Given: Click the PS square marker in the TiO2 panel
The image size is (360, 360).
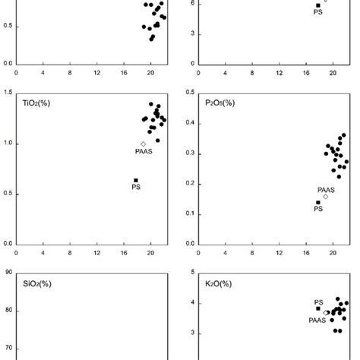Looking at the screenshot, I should click(x=136, y=180).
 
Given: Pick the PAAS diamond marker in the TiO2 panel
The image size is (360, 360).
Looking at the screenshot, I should click(x=143, y=144).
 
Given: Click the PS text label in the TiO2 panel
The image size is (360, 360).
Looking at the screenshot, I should click(x=136, y=188).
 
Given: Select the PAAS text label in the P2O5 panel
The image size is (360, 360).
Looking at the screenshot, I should click(x=326, y=189).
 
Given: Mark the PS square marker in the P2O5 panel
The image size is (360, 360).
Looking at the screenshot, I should click(x=318, y=203).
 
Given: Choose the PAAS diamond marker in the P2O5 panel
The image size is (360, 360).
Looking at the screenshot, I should click(x=326, y=197).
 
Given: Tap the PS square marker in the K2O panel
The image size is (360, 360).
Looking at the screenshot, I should click(x=318, y=308).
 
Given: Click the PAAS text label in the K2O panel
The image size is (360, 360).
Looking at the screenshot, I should click(x=317, y=320).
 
